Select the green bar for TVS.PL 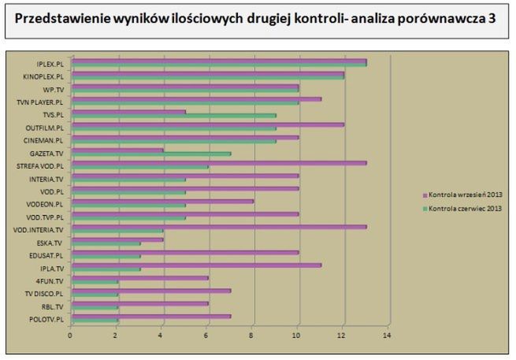coord(173,116)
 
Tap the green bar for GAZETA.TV coord(150,154)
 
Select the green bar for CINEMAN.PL coord(173,141)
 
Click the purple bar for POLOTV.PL coord(150,316)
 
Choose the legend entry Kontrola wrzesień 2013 coord(463,194)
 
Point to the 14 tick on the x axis coord(387,335)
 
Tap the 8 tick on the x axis coord(251,335)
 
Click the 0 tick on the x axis coord(70,335)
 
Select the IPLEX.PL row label coord(50,63)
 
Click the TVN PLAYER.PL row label coord(41,102)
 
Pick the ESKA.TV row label coord(52,243)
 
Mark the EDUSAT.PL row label coord(48,255)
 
